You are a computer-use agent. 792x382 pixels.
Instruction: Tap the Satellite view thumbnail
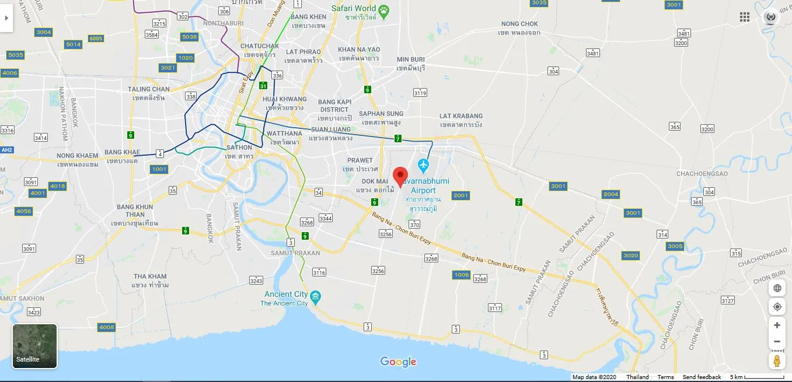pyautogui.click(x=35, y=346)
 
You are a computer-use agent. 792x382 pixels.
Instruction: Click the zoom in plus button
pyautogui.click(x=777, y=325)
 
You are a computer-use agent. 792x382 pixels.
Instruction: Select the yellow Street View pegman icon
pyautogui.click(x=777, y=361)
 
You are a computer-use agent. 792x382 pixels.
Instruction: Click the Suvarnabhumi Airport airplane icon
pyautogui.click(x=424, y=166)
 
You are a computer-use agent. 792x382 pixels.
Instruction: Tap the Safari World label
pyautogui.click(x=354, y=8)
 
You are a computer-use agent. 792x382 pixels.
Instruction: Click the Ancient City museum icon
pyautogui.click(x=316, y=296)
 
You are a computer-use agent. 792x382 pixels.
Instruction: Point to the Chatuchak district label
pyautogui.click(x=260, y=46)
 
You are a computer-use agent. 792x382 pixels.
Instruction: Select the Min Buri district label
pyautogui.click(x=411, y=59)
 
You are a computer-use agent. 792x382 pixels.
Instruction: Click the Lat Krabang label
pyautogui.click(x=461, y=116)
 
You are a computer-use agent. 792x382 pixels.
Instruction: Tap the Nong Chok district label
pyautogui.click(x=519, y=24)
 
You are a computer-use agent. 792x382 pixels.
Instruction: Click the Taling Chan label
pyautogui.click(x=149, y=90)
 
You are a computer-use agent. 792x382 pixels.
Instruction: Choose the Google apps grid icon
pyautogui.click(x=745, y=17)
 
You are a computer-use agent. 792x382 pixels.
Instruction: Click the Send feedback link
pyautogui.click(x=702, y=377)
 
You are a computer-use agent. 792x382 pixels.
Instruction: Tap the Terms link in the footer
pyautogui.click(x=665, y=377)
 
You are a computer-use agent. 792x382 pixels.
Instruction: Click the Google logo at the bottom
pyautogui.click(x=399, y=362)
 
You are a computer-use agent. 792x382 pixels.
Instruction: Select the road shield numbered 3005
pyautogui.click(x=675, y=246)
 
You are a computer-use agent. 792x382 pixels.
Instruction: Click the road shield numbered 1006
pyautogui.click(x=461, y=275)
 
